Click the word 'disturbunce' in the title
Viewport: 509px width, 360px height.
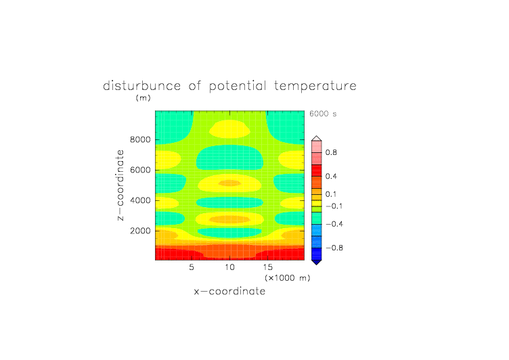pos(141,86)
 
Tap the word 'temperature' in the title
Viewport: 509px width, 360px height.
pos(315,86)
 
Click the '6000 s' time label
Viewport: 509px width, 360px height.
pos(323,114)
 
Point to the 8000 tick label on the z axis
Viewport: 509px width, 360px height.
pos(140,139)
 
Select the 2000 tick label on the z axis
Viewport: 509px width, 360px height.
pos(140,231)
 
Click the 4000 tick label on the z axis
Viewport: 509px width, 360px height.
pos(140,200)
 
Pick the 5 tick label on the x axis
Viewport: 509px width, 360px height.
pos(192,267)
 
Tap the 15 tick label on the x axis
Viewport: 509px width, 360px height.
pos(267,267)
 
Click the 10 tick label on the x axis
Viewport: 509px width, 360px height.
pos(229,267)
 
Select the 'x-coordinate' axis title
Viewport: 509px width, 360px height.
pos(229,291)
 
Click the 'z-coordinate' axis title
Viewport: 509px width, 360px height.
pos(120,185)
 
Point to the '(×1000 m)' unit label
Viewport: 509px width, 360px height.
pos(287,278)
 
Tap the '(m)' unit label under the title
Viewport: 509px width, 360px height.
pos(143,97)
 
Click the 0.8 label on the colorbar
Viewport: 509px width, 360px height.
pos(331,152)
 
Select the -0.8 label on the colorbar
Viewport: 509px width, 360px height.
pos(334,248)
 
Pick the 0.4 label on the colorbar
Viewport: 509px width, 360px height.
pos(331,176)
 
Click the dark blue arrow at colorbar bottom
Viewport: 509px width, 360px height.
pos(317,262)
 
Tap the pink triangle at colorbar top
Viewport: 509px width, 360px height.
pos(317,139)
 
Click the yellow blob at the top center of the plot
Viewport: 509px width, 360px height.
pos(230,129)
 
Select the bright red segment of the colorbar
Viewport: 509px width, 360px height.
pos(317,171)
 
